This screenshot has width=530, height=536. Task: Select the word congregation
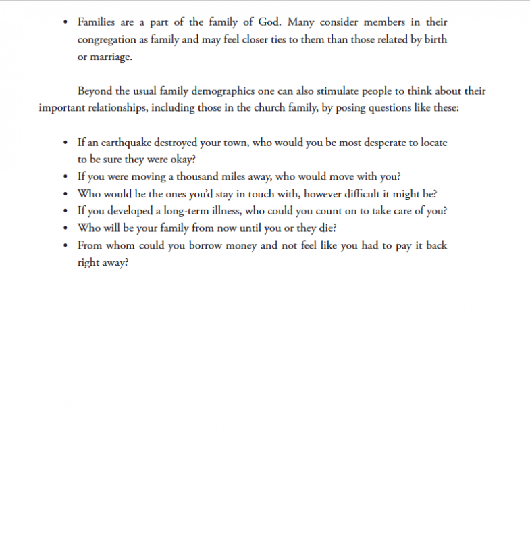pos(108,40)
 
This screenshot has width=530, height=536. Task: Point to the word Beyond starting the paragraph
pos(95,91)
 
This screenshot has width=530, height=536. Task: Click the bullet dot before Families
pos(65,23)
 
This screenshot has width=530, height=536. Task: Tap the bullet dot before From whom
pos(65,245)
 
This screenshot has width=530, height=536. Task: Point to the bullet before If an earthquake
pos(65,143)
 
